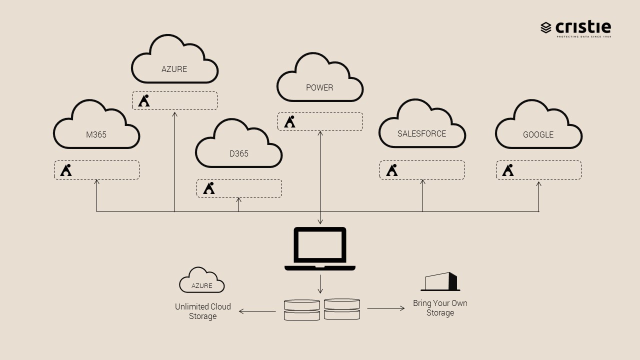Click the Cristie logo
[x=575, y=28]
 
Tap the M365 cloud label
[x=96, y=134]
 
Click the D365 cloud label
[x=238, y=153]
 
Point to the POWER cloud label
[x=319, y=87]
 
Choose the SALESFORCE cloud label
[x=421, y=133]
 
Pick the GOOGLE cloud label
[x=538, y=134]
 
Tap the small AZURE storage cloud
[x=202, y=281]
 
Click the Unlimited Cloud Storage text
[x=202, y=311]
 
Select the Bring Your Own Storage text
[x=440, y=307]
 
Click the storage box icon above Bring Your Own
[x=440, y=281]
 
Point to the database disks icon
[x=321, y=309]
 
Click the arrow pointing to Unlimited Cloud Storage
[x=257, y=311]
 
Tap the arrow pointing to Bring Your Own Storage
[x=386, y=308]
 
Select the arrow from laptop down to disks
[x=320, y=283]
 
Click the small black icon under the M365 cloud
[x=65, y=170]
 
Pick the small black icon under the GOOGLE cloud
[x=508, y=170]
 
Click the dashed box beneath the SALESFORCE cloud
[x=422, y=170]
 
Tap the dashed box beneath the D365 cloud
[x=239, y=188]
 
